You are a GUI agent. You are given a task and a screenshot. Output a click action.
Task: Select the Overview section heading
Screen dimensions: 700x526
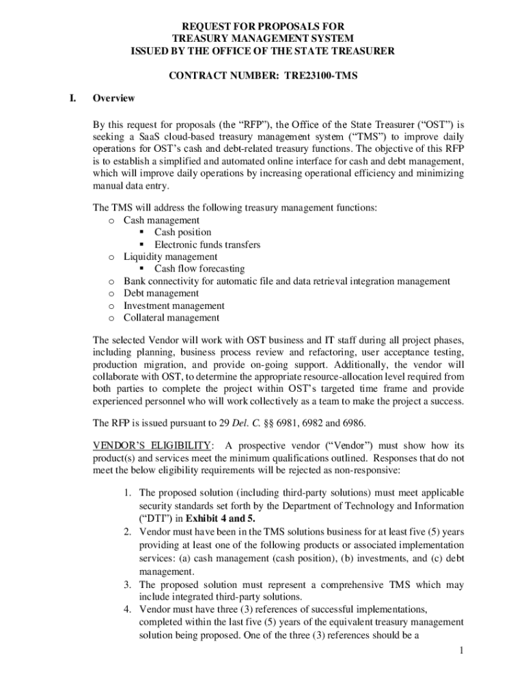(113, 98)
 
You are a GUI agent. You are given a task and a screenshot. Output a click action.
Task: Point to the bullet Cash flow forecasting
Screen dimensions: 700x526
(199, 269)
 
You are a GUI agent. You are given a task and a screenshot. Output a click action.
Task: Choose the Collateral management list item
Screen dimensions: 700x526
(171, 318)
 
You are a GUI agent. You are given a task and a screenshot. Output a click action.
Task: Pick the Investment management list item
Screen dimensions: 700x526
(174, 306)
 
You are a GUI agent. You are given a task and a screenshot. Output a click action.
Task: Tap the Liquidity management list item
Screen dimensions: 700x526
(170, 257)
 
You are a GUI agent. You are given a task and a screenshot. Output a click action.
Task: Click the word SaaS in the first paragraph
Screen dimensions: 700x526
(143, 138)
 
